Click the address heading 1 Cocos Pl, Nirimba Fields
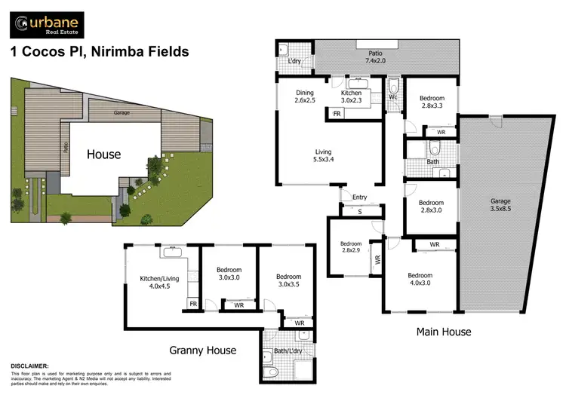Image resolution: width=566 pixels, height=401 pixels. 98,53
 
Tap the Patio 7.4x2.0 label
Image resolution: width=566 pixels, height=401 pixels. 374,57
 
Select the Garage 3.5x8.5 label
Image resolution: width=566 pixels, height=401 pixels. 500,206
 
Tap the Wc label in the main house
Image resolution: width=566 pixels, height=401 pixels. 393,97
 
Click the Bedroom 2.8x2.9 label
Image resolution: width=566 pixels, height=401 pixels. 351,248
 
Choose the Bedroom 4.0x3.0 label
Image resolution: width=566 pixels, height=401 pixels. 420,280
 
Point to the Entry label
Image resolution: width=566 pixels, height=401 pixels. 359,197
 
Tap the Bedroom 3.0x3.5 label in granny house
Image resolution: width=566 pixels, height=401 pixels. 286,280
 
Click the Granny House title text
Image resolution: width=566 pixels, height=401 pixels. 202,350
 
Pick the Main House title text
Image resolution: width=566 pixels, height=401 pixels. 444,332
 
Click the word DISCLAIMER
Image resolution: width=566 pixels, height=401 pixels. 30,366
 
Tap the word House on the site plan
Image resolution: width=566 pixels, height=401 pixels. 103,155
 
